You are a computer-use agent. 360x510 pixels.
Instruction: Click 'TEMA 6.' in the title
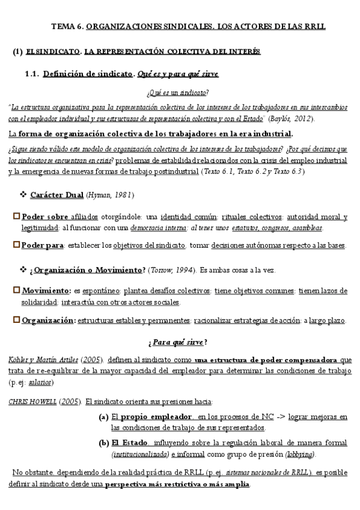point(67,26)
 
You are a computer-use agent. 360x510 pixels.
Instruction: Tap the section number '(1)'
point(17,52)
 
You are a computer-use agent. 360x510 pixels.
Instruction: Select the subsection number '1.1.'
point(32,74)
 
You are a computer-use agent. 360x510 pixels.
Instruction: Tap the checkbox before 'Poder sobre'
point(16,217)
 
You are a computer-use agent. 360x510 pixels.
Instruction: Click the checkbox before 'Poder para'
point(16,245)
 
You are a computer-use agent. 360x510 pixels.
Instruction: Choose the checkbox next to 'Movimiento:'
point(16,290)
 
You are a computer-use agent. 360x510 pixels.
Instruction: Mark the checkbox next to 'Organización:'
point(16,321)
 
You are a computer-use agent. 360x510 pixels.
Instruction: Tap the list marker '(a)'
point(103,416)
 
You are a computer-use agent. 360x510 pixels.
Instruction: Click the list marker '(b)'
point(103,443)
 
